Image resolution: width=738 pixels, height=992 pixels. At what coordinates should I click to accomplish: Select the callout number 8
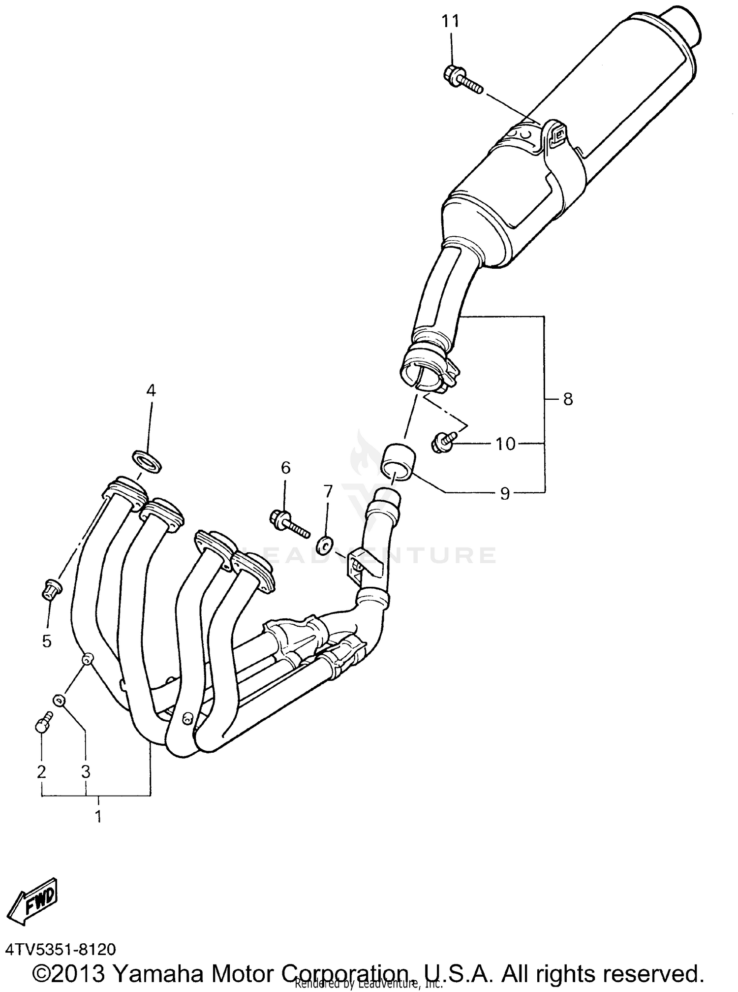tap(568, 399)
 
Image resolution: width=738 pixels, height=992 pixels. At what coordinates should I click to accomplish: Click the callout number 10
tap(505, 444)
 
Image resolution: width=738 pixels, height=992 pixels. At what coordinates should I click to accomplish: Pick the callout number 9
tap(505, 493)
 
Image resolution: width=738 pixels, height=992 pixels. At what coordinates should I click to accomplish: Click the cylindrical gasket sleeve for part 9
tap(399, 461)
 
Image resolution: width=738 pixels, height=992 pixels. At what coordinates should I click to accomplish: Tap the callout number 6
tap(286, 467)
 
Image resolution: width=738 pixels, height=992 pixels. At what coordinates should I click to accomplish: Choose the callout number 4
tap(151, 390)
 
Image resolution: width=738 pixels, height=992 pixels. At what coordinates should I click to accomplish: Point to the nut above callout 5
tap(51, 589)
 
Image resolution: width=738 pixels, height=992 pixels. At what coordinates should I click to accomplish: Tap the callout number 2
tap(41, 771)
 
